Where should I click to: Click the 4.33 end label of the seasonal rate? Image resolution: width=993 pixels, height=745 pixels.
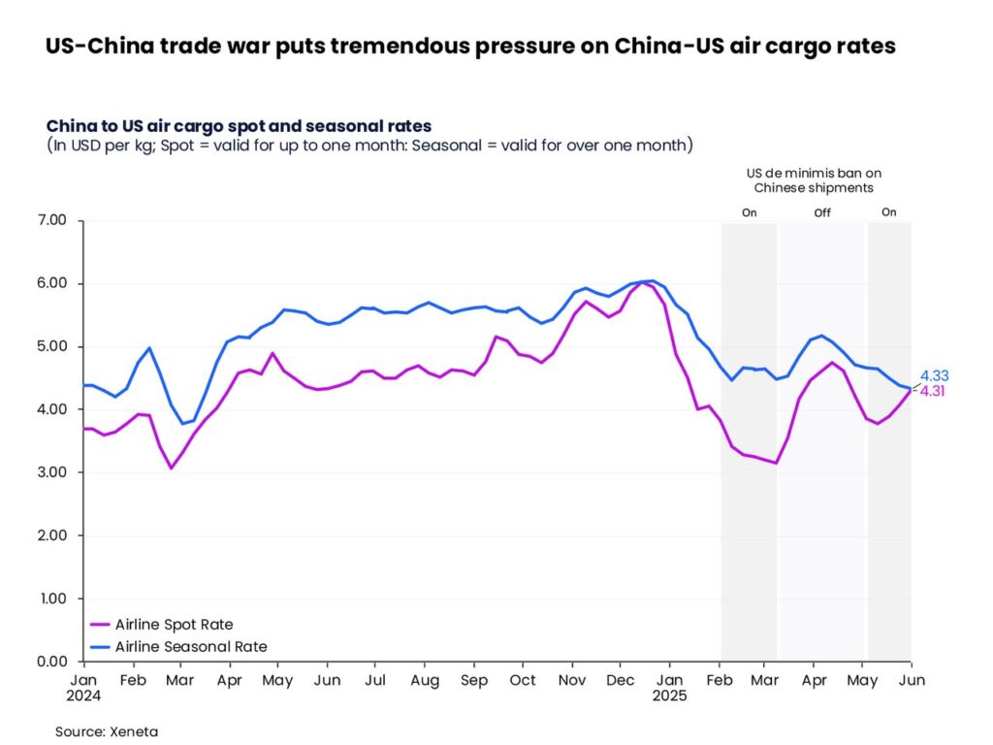tap(934, 375)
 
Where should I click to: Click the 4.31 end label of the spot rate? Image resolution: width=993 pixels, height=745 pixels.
tap(934, 391)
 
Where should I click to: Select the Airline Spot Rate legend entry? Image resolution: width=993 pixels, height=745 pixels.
tap(174, 625)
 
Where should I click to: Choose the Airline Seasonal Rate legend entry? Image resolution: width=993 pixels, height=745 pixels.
tap(190, 646)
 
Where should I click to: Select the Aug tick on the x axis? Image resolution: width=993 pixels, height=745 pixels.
tap(424, 680)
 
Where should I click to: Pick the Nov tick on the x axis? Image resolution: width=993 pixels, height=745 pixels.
tap(572, 680)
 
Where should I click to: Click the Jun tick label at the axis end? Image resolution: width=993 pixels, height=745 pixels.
tap(912, 680)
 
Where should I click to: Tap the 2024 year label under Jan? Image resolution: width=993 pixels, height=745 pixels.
tap(84, 696)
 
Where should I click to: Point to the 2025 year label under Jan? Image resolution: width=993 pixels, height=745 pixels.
tap(670, 696)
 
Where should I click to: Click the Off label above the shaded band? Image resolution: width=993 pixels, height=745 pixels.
tap(822, 212)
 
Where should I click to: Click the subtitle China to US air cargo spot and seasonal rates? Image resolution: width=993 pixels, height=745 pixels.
tap(239, 126)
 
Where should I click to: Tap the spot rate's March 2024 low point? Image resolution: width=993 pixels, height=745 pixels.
tap(172, 469)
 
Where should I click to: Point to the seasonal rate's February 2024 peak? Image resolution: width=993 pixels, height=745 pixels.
tap(149, 347)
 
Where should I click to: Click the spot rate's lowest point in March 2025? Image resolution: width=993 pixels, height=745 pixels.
tap(776, 463)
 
